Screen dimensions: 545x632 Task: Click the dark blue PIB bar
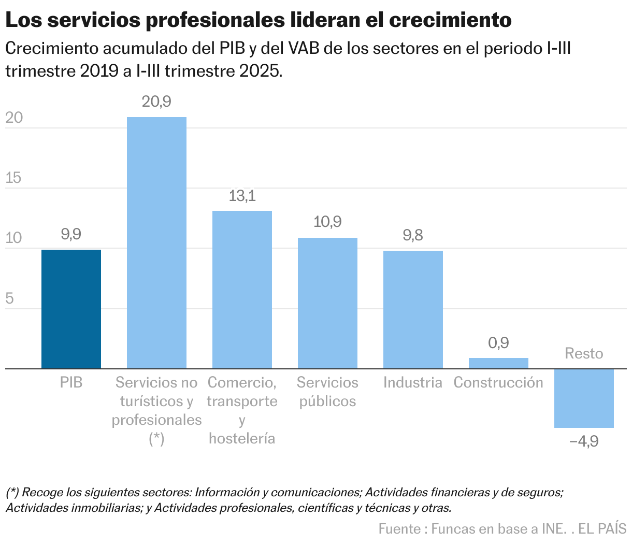71,309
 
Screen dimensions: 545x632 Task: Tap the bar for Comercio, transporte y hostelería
242,290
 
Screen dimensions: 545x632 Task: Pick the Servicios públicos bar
327,303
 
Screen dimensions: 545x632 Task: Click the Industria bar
413,309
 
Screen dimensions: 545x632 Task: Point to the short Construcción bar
498,363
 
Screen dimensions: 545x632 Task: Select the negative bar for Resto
584,398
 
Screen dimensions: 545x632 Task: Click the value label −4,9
584,441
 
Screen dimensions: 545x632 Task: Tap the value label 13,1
242,196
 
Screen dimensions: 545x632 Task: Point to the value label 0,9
498,343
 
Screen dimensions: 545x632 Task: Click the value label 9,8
413,236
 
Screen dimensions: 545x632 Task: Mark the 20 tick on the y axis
14,118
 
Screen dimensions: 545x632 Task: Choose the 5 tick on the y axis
9,299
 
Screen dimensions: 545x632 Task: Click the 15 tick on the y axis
14,178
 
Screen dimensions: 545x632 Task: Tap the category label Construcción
498,382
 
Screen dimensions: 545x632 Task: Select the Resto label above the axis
584,353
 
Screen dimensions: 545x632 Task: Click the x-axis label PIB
71,382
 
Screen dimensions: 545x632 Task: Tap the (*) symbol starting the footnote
12,492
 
